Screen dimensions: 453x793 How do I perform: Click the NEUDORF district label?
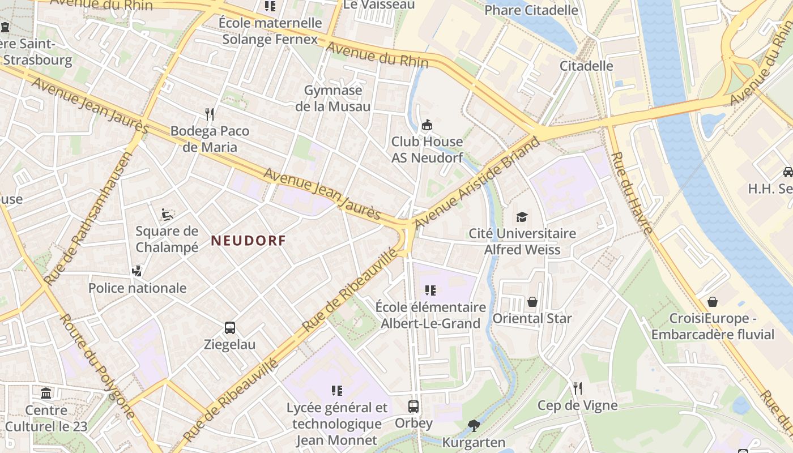[x=248, y=241]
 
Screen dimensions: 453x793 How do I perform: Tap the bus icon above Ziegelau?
[x=230, y=328]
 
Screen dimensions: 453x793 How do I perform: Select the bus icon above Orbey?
[x=413, y=406]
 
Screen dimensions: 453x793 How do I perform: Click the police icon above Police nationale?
[x=137, y=271]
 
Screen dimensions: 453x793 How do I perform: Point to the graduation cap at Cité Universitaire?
[x=522, y=217]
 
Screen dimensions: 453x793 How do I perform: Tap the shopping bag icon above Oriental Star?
[x=532, y=302]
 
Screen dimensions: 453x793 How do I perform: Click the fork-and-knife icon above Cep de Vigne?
[x=577, y=388]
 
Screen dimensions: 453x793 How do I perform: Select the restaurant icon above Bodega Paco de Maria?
[x=210, y=114]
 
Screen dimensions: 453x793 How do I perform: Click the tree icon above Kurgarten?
[x=474, y=425]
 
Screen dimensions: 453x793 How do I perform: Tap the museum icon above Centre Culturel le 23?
[x=46, y=393]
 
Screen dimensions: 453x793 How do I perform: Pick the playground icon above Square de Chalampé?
[x=167, y=214]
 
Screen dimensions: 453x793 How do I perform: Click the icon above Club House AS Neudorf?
[x=427, y=125]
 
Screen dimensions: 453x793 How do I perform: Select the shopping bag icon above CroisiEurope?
[x=712, y=302]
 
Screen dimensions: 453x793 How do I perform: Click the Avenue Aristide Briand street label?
[x=477, y=184]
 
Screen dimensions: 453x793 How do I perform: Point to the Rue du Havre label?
[x=632, y=193]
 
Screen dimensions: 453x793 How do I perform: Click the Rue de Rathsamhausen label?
[x=88, y=218]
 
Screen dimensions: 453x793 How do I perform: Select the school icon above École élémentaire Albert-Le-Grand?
[x=430, y=290]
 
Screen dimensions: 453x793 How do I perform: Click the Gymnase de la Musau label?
[x=333, y=99]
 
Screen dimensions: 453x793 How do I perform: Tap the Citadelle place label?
[x=586, y=66]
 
